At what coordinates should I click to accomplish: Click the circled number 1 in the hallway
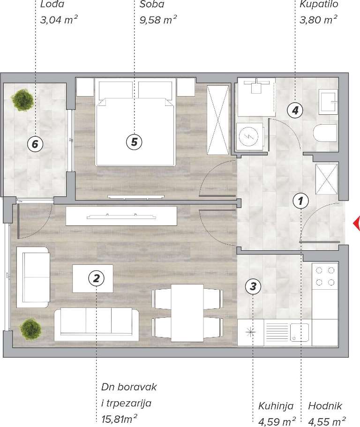pos(300,201)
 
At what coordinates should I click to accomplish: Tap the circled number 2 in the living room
pos(96,278)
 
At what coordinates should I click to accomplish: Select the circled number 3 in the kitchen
pos(253,286)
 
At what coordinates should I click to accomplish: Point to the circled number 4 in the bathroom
pos(295,110)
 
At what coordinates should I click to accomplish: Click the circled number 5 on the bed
pos(134,142)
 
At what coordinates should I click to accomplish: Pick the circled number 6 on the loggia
pos(35,143)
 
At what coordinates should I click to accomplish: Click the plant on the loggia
pos(22,100)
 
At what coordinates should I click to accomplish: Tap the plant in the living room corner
pos(31,329)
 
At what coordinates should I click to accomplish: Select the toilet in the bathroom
pos(326,134)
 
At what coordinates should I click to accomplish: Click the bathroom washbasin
pos(329,102)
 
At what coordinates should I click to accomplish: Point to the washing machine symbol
pos(250,136)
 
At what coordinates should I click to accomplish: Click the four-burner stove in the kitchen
pos(325,276)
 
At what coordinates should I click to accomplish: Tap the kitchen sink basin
pos(299,332)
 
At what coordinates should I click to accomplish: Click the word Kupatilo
pos(319,4)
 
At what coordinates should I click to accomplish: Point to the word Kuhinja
pos(276,406)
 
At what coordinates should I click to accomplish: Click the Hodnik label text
pos(325,406)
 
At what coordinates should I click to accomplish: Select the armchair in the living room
pos(33,277)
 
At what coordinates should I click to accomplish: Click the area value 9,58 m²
pos(158,20)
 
